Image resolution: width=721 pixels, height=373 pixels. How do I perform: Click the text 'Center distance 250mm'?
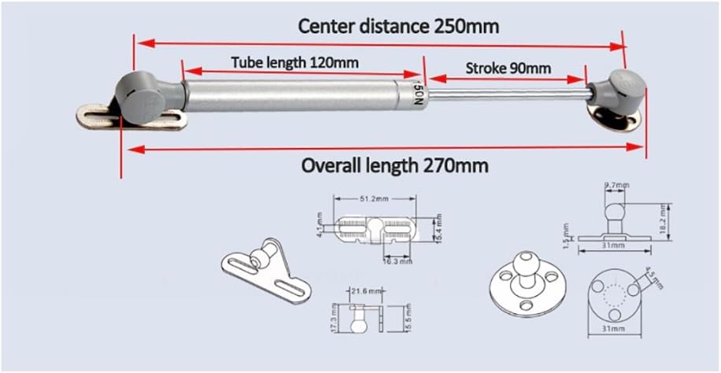click(398, 26)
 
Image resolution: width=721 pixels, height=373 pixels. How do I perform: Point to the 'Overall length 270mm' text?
click(395, 166)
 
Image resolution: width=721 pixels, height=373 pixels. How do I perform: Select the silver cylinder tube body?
click(299, 95)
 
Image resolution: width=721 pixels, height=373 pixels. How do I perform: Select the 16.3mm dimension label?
click(397, 261)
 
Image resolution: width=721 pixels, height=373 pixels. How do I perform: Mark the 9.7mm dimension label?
click(616, 185)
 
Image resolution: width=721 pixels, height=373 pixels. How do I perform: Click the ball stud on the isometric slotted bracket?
click(267, 251)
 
